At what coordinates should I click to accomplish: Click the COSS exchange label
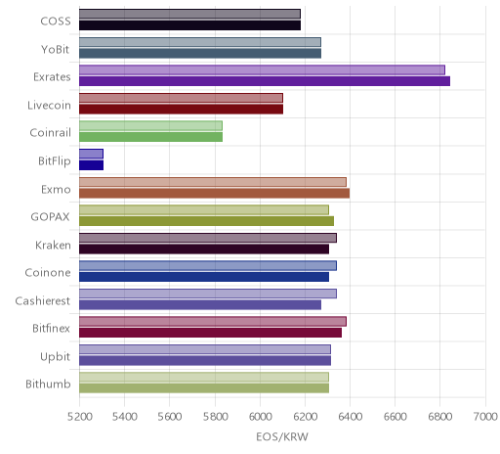tap(56, 22)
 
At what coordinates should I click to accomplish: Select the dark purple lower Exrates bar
tap(265, 81)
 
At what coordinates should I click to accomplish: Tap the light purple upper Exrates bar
tap(262, 70)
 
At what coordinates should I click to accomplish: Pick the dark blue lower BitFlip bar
tap(91, 165)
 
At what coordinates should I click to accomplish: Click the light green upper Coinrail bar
tap(150, 126)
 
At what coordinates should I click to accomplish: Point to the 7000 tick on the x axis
tap(486, 417)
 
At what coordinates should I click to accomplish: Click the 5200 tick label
tap(80, 417)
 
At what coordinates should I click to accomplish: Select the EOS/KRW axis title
tap(282, 437)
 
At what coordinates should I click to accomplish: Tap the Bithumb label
tap(48, 385)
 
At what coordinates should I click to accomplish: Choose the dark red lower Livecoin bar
tap(181, 110)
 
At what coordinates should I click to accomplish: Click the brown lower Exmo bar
tap(214, 193)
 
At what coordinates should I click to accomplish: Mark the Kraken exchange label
tap(53, 245)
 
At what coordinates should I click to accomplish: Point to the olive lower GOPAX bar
tap(206, 221)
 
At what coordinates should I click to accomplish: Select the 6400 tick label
tap(350, 417)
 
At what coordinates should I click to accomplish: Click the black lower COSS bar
tap(189, 25)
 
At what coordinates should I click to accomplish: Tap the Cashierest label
tap(43, 300)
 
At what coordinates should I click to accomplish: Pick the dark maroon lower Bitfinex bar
tap(210, 333)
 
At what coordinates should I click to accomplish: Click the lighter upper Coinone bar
tap(208, 266)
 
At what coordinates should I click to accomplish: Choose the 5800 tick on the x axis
tap(215, 417)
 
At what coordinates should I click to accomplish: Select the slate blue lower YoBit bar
tap(200, 54)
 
